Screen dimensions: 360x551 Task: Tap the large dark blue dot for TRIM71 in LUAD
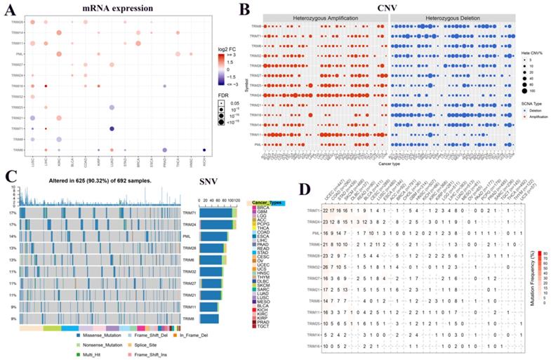point(112,129)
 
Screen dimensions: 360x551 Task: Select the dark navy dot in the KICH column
point(204,150)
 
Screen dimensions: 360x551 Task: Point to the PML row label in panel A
point(20,53)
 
